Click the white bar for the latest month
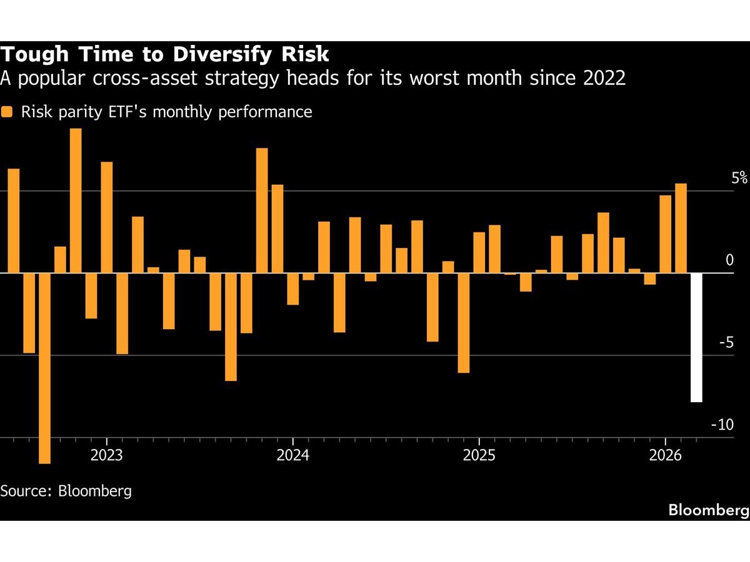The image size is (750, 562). (696, 337)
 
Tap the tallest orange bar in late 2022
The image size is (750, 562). (76, 200)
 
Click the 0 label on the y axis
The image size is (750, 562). (729, 260)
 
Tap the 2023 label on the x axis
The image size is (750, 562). (107, 454)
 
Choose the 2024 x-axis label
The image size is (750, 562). (292, 454)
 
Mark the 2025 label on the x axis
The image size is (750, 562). (478, 454)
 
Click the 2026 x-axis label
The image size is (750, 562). (664, 454)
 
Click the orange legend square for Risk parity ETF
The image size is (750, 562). (7, 112)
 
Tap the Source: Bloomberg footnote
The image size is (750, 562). (66, 490)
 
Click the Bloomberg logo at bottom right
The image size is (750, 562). (708, 510)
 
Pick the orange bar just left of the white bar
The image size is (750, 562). (681, 228)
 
